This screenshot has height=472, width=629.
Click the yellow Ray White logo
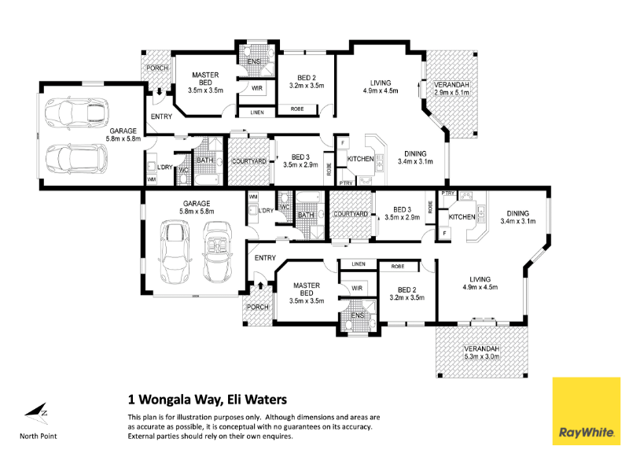586,411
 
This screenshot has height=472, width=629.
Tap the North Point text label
38,437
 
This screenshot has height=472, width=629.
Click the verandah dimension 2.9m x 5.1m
451,93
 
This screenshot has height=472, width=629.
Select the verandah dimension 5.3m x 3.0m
482,356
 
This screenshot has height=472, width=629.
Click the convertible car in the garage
218,253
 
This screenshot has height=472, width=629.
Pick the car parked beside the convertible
175,252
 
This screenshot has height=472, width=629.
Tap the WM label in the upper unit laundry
152,179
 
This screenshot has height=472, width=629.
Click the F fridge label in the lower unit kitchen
444,233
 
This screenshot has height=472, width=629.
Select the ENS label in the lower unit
358,315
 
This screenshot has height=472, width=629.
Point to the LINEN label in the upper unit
257,112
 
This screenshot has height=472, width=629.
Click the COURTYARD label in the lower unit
351,214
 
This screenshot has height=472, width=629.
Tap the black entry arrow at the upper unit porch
160,91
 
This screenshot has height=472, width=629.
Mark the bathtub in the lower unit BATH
308,198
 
